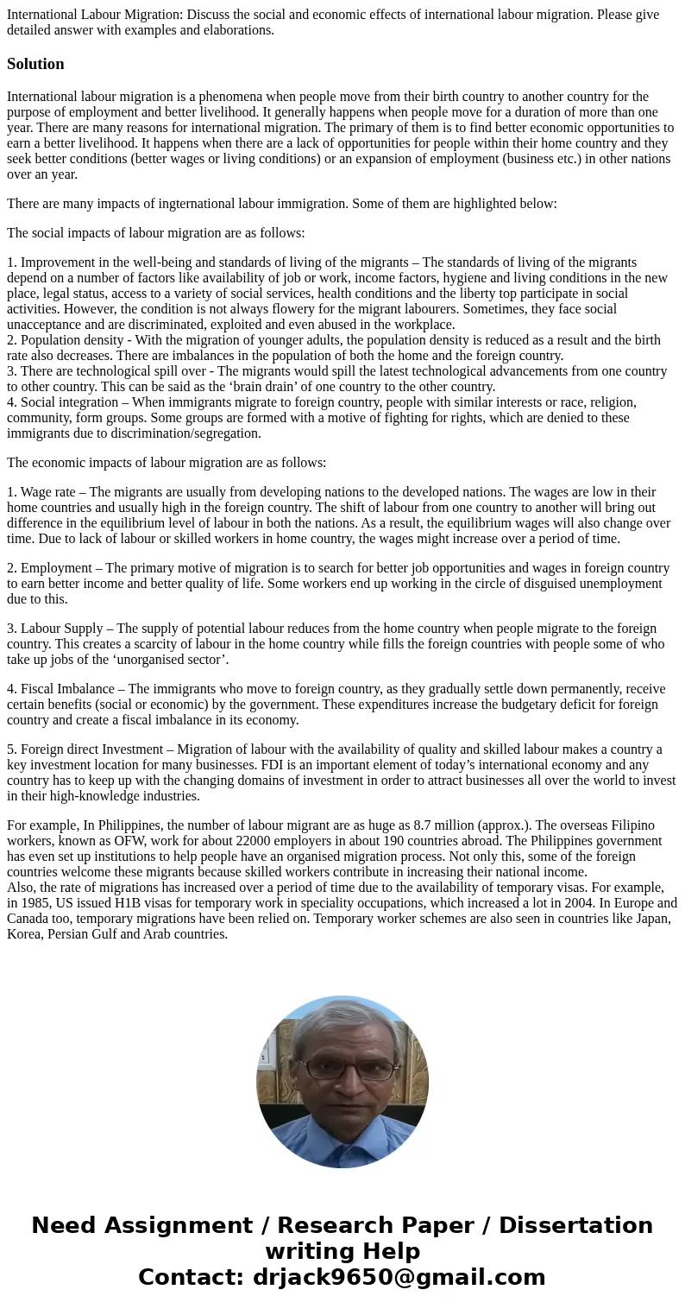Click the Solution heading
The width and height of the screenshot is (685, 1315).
click(35, 64)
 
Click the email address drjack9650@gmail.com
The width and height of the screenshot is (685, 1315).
click(399, 1277)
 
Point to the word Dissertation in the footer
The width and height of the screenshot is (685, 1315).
click(575, 1225)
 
